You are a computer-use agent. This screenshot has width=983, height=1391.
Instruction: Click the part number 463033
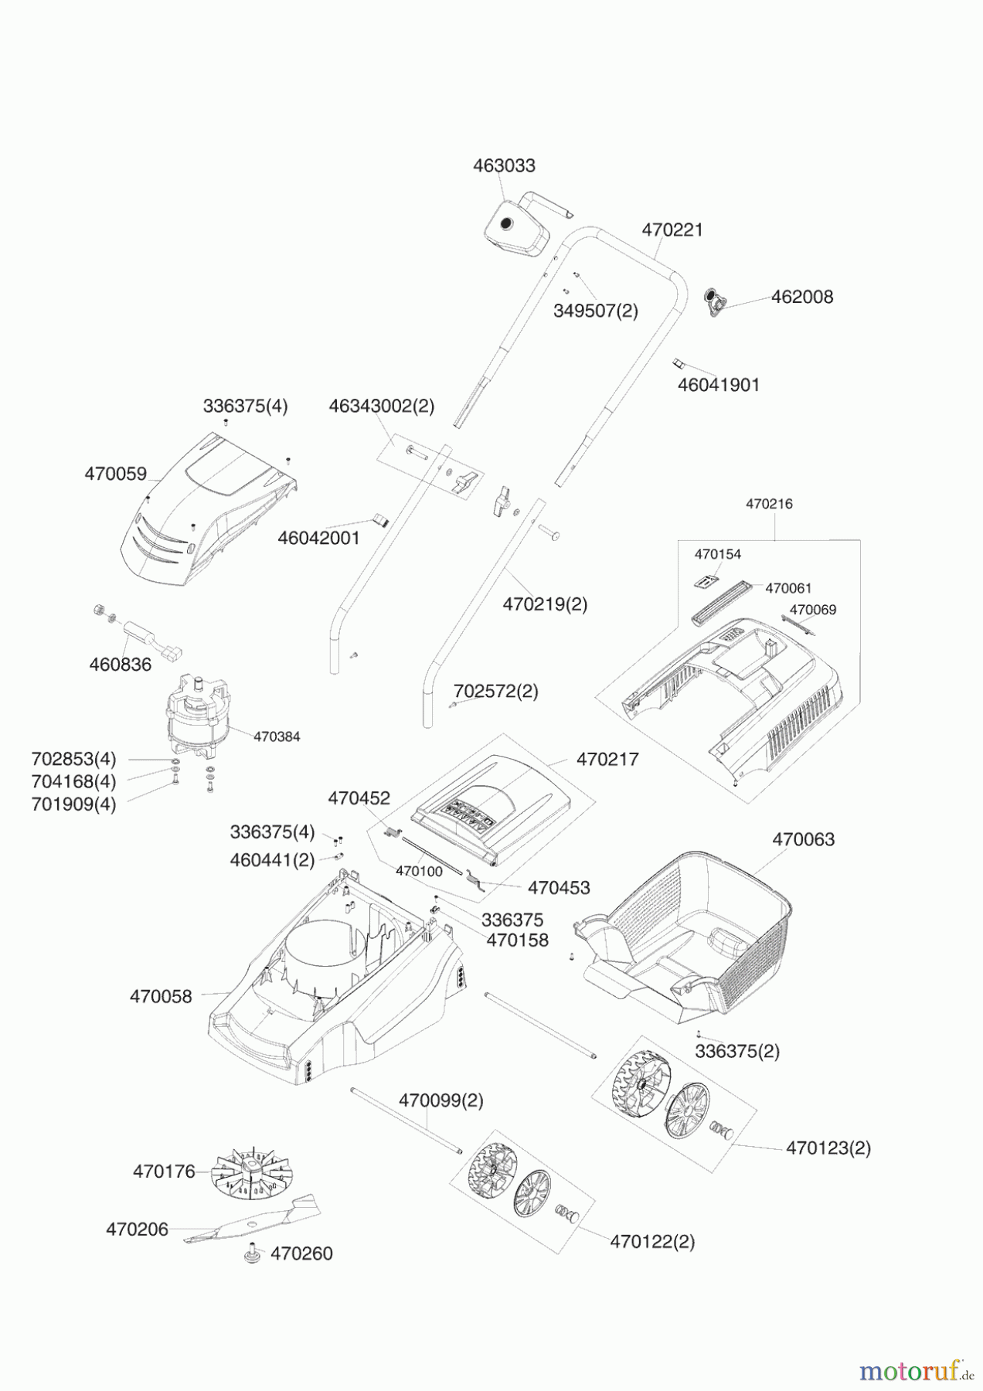coord(504,165)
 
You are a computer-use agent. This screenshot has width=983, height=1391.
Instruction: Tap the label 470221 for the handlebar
coord(672,230)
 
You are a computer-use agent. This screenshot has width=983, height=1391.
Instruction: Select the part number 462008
coord(802,297)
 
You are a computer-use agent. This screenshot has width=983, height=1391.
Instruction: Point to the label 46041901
coord(719,384)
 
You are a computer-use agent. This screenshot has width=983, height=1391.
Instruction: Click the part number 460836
coord(121,664)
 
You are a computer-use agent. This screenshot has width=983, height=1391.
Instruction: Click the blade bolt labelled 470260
coord(250,1254)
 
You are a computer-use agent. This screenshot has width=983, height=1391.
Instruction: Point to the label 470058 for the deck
coord(161,997)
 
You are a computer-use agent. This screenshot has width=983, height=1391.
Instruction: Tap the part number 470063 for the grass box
coord(804,839)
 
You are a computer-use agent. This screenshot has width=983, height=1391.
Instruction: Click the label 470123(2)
coord(828,1148)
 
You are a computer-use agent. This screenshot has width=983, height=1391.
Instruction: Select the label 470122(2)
coord(652,1242)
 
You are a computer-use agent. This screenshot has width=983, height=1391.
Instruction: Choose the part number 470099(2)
coord(441,1100)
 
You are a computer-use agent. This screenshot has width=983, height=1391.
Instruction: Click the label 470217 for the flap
coord(607,760)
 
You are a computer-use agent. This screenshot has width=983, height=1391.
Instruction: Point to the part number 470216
coord(769,504)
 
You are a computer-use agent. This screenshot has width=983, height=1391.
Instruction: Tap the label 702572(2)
coord(496,691)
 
